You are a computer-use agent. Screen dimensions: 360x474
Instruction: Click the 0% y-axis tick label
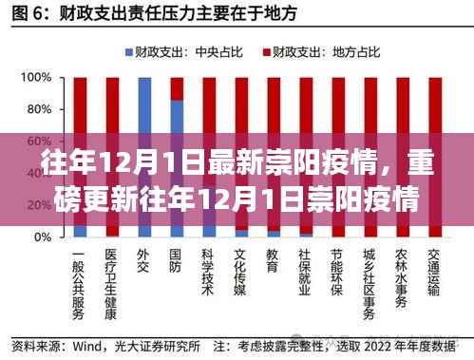click(x=39, y=237)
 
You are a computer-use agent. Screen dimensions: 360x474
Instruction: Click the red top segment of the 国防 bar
click(x=177, y=87)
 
